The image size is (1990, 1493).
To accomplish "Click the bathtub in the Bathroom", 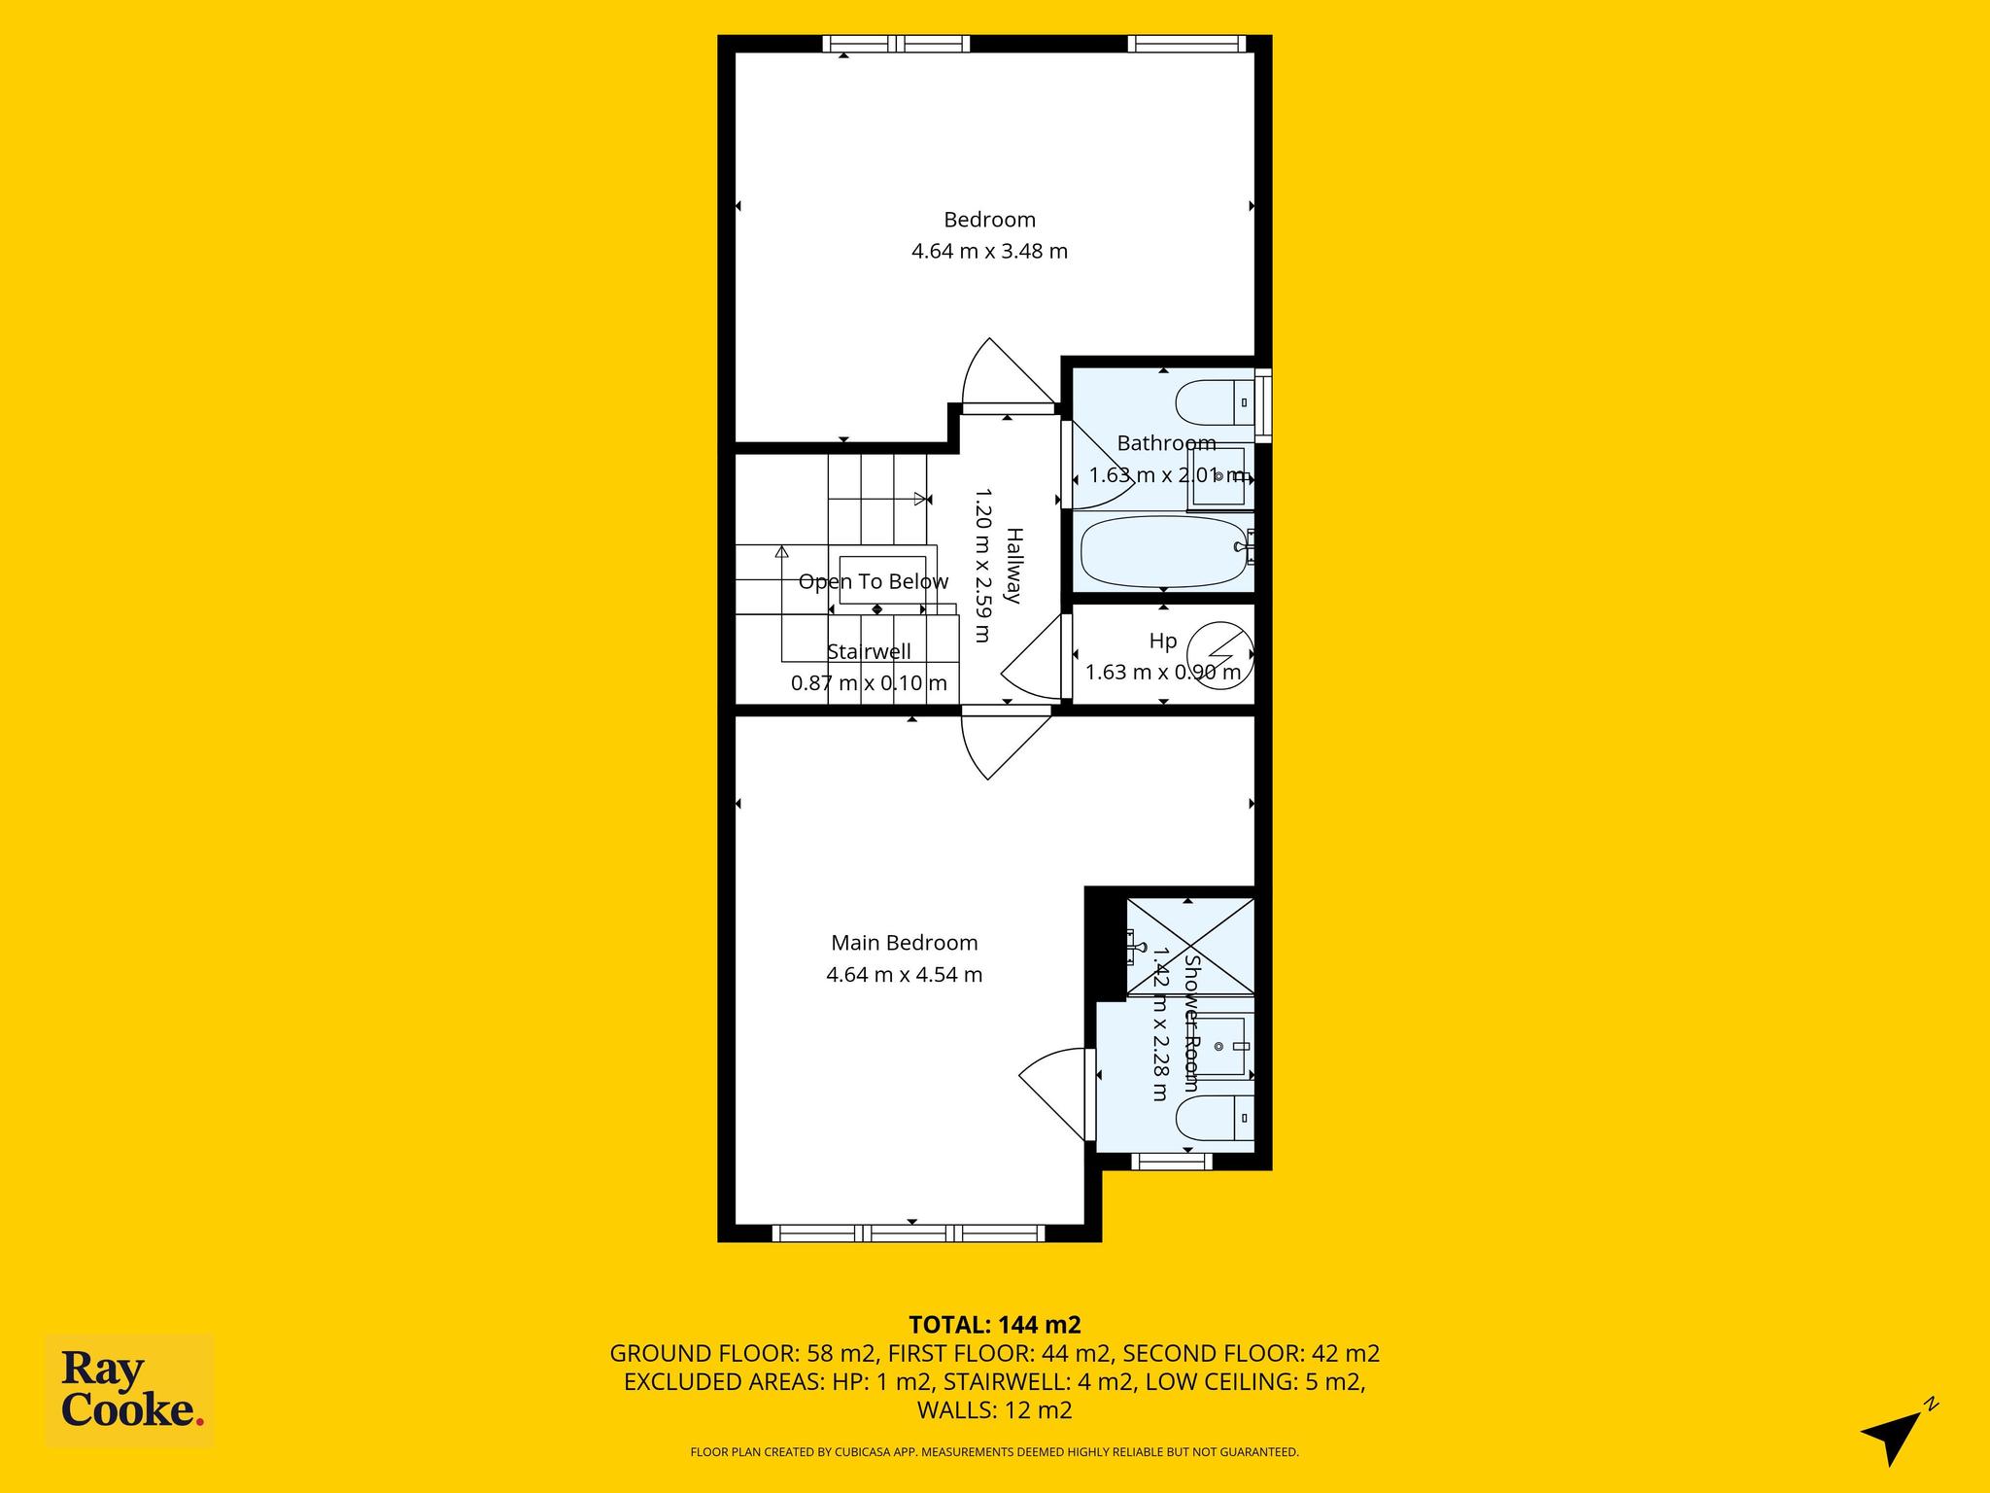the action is (1164, 551).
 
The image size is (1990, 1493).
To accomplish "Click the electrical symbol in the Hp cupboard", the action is (1224, 654).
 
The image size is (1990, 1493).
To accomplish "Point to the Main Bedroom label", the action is (904, 943).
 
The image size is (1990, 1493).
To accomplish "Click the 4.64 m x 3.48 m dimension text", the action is (989, 251).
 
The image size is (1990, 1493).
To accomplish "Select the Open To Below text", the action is (873, 581).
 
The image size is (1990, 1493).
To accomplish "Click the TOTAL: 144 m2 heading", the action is (994, 1324).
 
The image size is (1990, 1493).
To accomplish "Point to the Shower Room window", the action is (1171, 1161).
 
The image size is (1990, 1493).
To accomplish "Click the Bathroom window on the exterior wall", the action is (1263, 405).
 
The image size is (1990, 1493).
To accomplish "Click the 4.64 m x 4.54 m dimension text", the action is (904, 974).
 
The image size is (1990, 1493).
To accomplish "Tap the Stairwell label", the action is (869, 651).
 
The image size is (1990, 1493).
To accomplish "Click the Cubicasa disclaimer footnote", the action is (994, 1452).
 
